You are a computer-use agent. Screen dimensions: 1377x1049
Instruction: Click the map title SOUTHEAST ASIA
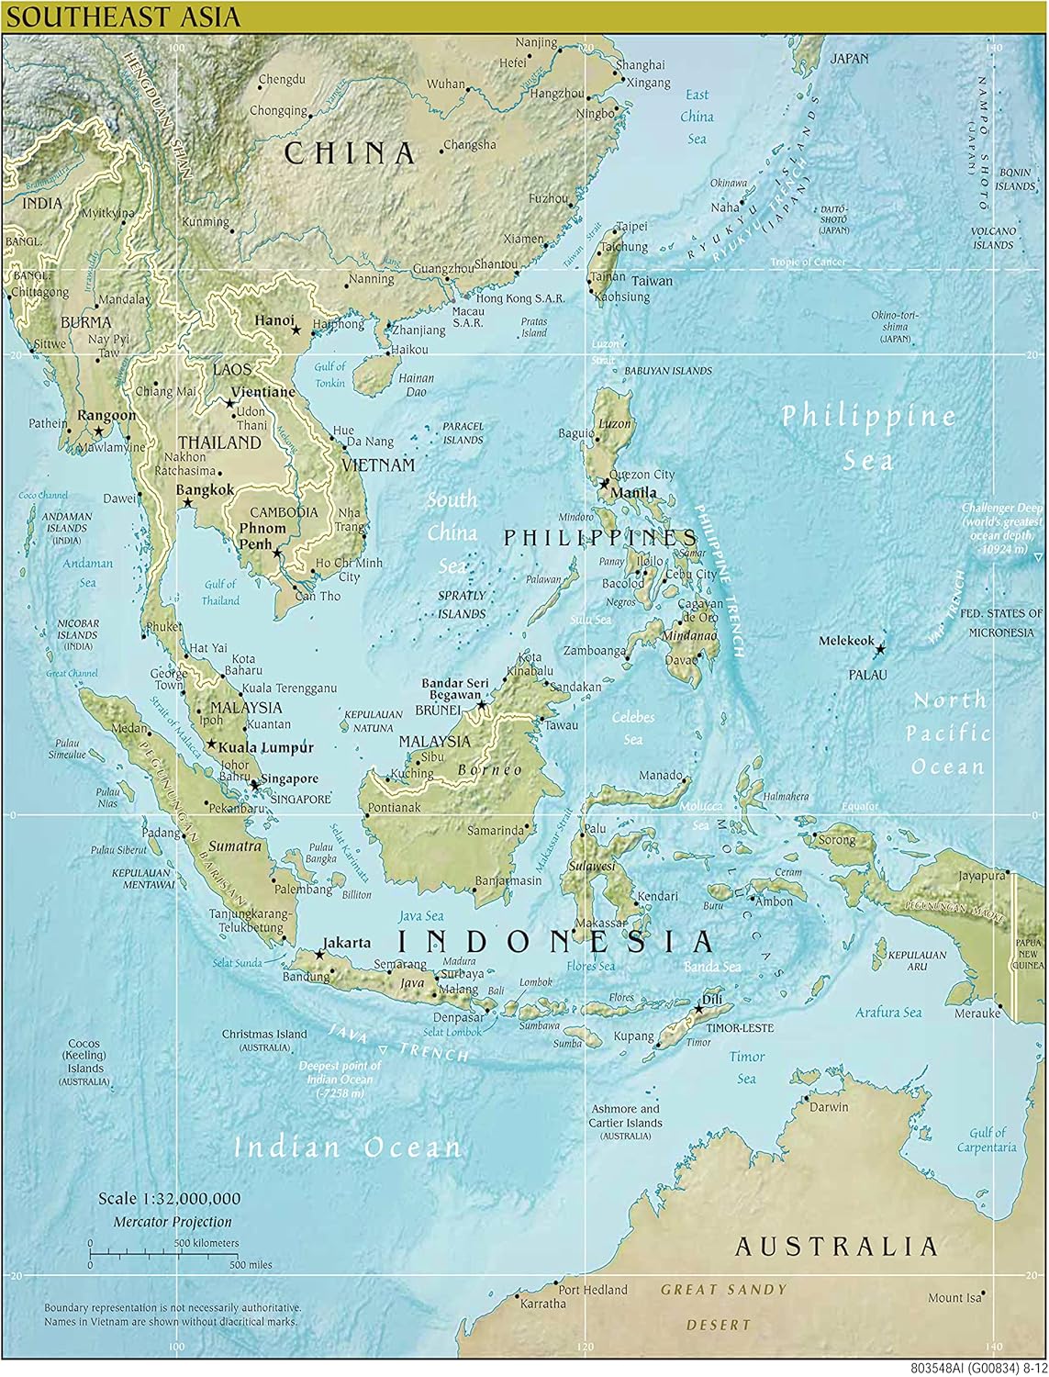[122, 16]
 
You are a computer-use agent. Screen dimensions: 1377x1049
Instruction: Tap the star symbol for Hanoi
[296, 330]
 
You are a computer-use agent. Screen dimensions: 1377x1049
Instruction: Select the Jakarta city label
[348, 943]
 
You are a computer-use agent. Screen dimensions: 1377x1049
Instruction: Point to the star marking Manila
[605, 482]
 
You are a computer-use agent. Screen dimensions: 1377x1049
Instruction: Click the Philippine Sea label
[868, 437]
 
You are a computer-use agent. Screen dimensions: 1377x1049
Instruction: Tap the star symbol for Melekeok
[880, 649]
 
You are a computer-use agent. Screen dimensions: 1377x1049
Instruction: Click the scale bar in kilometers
[155, 1249]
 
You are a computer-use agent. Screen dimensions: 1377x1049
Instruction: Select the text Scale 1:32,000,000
[170, 1199]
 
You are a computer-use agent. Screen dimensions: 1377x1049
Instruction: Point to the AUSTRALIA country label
[835, 1247]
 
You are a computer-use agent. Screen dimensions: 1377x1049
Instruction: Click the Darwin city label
[830, 1107]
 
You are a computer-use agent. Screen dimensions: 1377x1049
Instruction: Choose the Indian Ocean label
[348, 1147]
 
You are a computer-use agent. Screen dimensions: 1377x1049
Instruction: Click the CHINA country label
[350, 153]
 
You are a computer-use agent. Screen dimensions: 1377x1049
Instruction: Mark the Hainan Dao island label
[418, 385]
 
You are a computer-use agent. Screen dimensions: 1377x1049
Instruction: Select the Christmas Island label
[264, 1035]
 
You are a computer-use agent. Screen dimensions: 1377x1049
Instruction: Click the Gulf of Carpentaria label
[987, 1140]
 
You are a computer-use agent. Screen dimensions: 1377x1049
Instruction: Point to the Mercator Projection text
[173, 1222]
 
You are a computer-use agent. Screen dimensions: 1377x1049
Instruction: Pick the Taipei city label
[632, 226]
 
